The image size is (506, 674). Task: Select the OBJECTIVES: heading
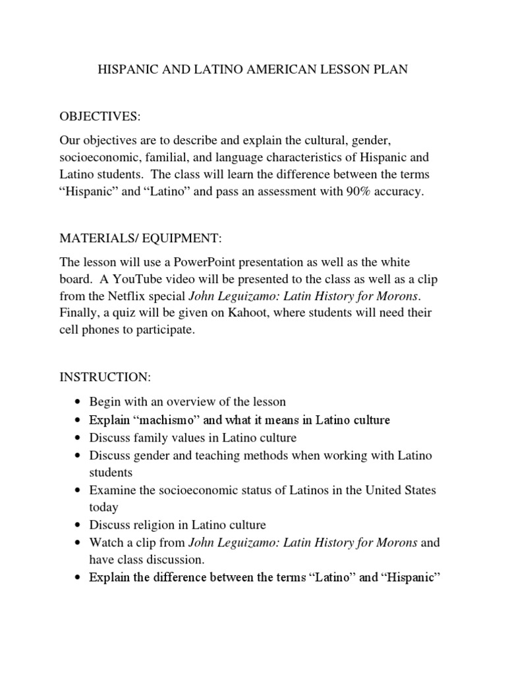pos(99,117)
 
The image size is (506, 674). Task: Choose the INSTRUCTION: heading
pos(105,377)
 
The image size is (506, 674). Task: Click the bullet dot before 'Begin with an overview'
pos(78,402)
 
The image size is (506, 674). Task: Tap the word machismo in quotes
pos(152,419)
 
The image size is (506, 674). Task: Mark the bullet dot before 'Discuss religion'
pos(78,526)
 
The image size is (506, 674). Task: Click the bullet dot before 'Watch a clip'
pos(78,544)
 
